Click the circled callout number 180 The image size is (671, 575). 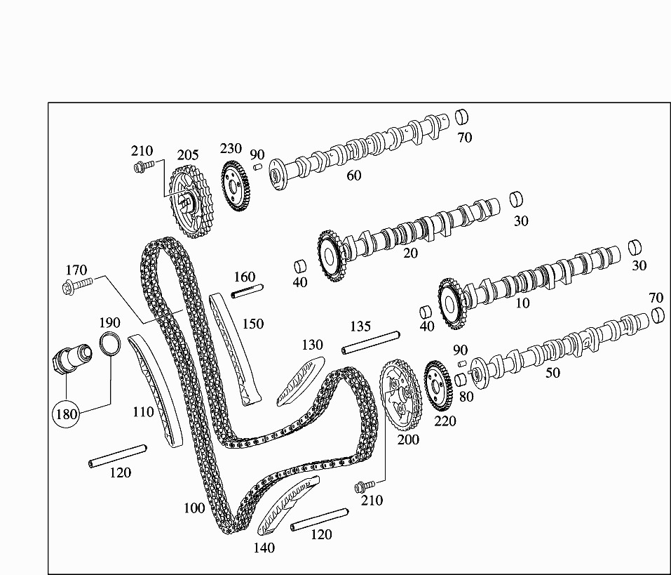click(x=67, y=414)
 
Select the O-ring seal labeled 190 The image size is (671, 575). click(x=110, y=344)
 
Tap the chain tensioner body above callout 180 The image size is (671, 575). click(x=71, y=357)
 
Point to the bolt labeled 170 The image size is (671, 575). click(x=77, y=284)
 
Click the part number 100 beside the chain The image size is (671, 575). click(x=194, y=508)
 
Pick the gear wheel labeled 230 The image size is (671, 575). click(x=237, y=186)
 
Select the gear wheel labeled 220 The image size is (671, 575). click(x=438, y=388)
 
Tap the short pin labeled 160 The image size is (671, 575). click(x=248, y=291)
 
